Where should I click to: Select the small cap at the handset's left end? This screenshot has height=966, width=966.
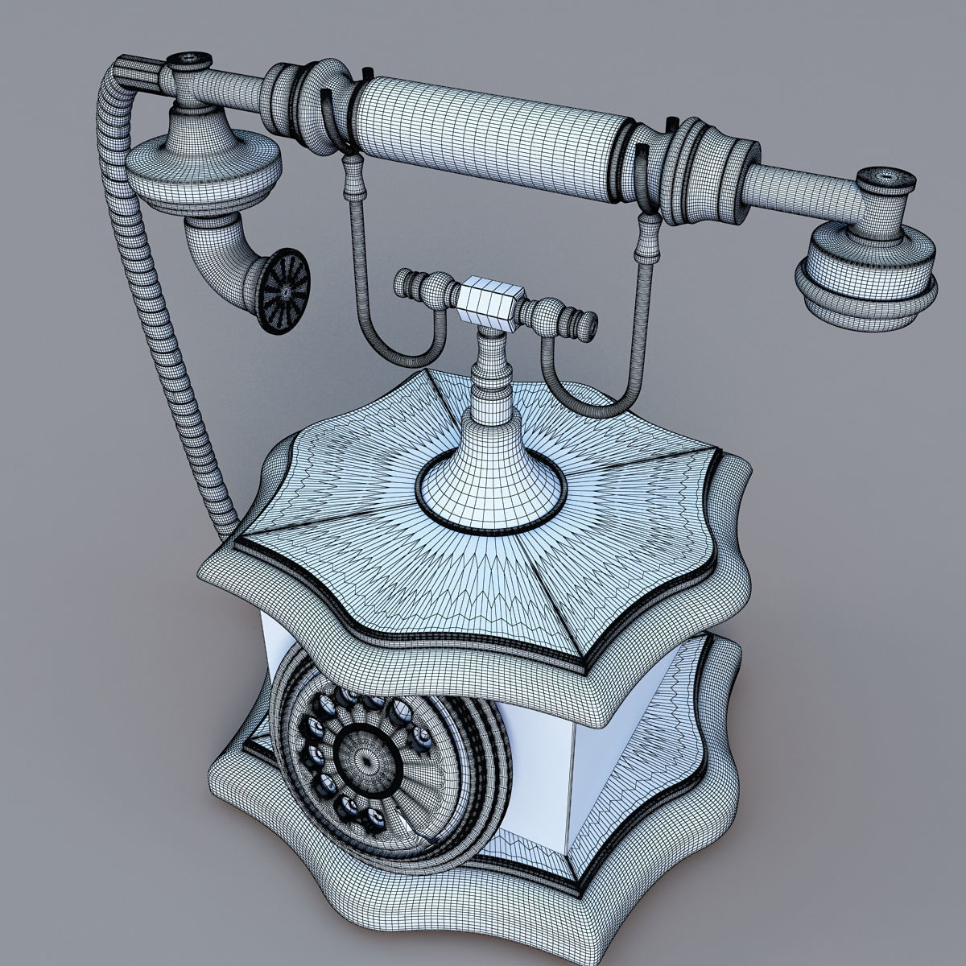(190, 61)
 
